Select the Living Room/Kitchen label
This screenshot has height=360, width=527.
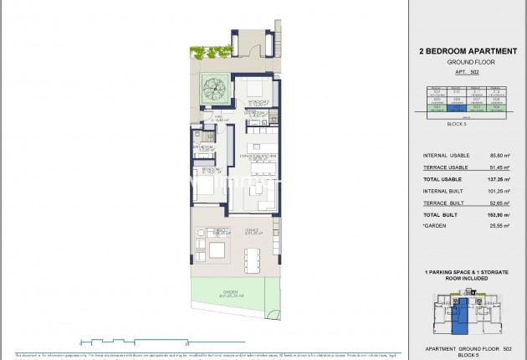pos(256,156)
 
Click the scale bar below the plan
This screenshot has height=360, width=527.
pos(134,341)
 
